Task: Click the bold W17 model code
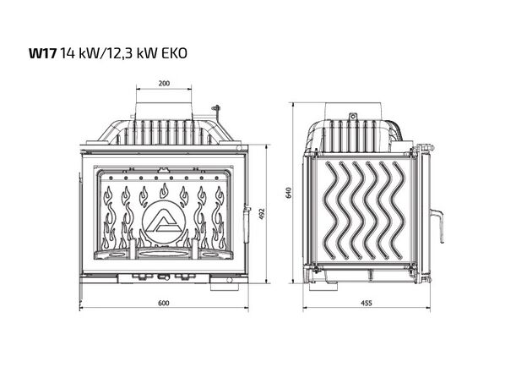(42, 53)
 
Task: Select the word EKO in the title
(174, 53)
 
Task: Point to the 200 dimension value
(164, 84)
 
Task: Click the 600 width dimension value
(164, 303)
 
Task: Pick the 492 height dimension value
(262, 214)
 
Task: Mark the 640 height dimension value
(288, 193)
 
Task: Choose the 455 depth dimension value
(367, 303)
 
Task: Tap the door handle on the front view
(247, 224)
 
